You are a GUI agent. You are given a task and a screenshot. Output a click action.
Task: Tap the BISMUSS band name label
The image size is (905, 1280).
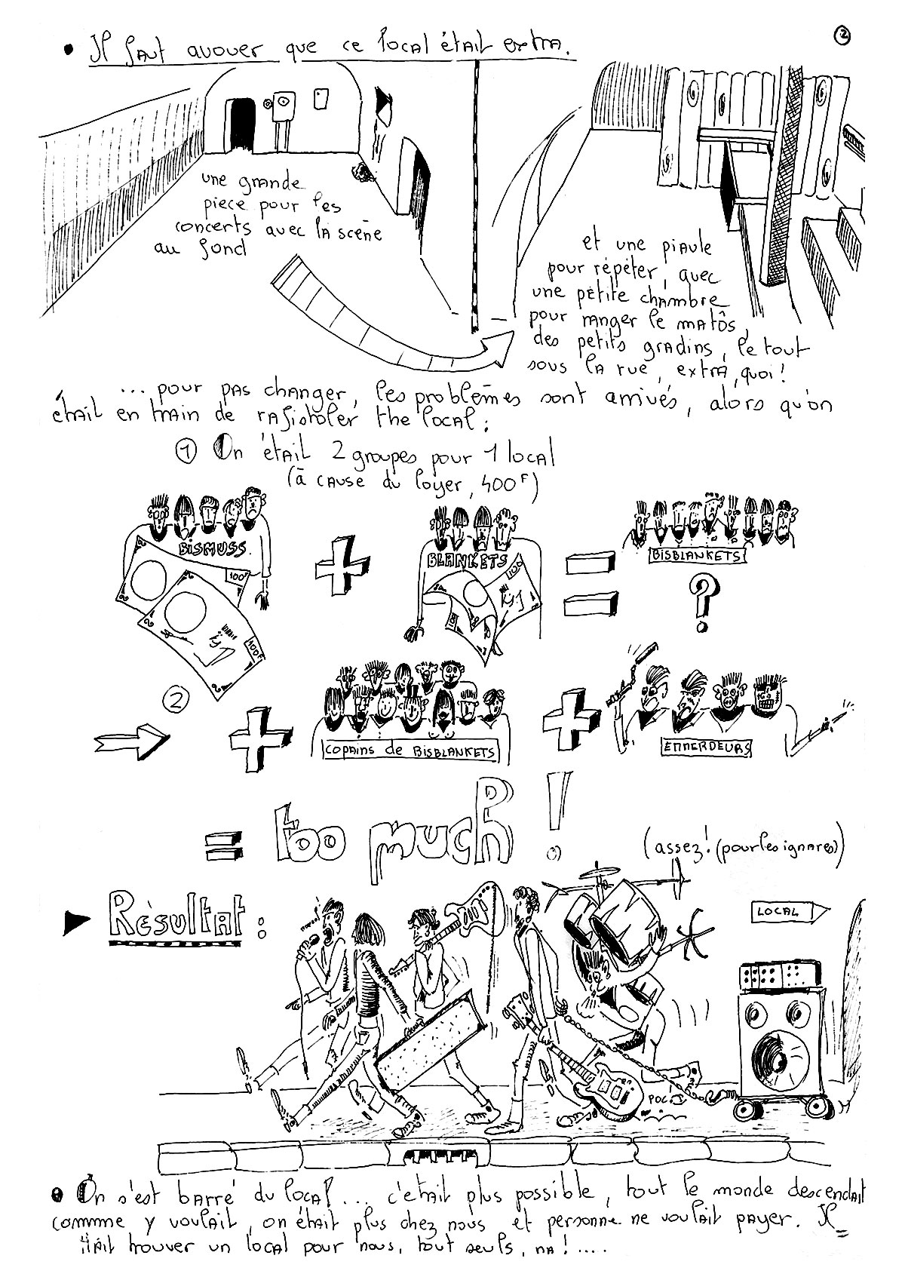click(213, 548)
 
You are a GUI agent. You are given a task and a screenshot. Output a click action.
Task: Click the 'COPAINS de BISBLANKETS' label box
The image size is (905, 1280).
click(410, 751)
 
